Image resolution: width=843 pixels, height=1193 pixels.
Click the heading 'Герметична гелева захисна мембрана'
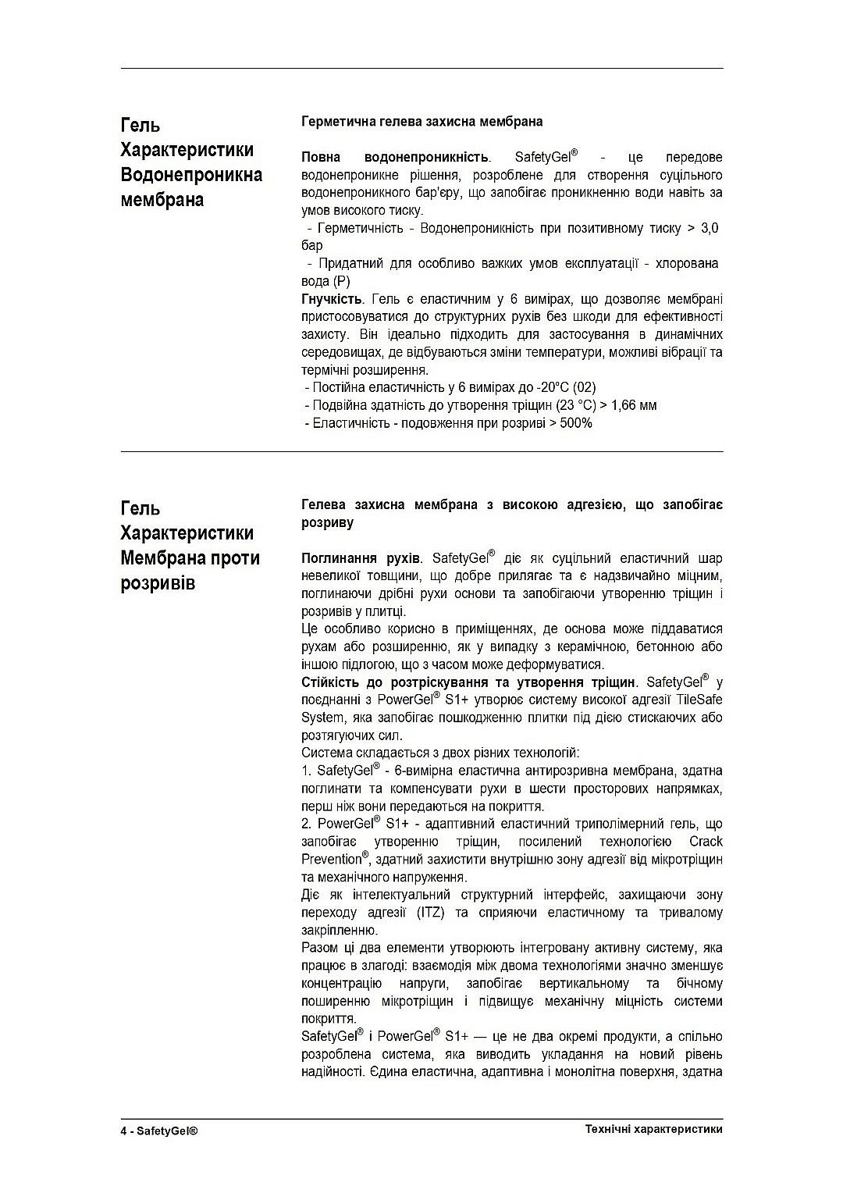pyautogui.click(x=421, y=122)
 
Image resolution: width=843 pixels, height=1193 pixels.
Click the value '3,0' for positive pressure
pyautogui.click(x=710, y=228)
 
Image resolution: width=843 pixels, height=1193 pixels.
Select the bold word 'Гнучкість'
pyautogui.click(x=331, y=299)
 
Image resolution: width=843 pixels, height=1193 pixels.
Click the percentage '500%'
pyautogui.click(x=576, y=423)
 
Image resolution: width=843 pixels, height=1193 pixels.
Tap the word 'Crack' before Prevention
pyautogui.click(x=706, y=842)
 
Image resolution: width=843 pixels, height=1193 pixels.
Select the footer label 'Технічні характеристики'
pyautogui.click(x=653, y=1130)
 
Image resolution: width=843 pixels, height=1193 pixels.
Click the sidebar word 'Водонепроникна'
pyautogui.click(x=191, y=175)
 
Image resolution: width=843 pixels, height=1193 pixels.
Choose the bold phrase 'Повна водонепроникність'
pyautogui.click(x=395, y=157)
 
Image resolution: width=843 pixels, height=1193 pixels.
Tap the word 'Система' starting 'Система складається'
pyautogui.click(x=325, y=753)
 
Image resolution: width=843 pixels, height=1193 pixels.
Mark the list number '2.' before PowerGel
pyautogui.click(x=307, y=824)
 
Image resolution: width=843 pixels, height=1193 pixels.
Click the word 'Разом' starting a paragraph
pyautogui.click(x=318, y=948)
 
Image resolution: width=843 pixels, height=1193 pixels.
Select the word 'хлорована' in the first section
pyautogui.click(x=686, y=263)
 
